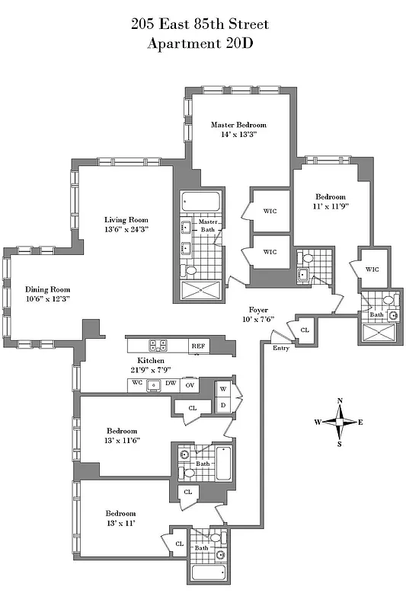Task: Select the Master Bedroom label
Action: (x=239, y=124)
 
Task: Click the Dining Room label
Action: (x=47, y=289)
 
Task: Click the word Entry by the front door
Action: (x=281, y=348)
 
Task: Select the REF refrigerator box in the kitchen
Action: (x=198, y=346)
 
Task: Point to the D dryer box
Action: (x=224, y=404)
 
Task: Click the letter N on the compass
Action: (x=340, y=401)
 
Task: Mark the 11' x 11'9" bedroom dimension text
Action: (x=331, y=206)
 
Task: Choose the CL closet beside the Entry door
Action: (x=305, y=330)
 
